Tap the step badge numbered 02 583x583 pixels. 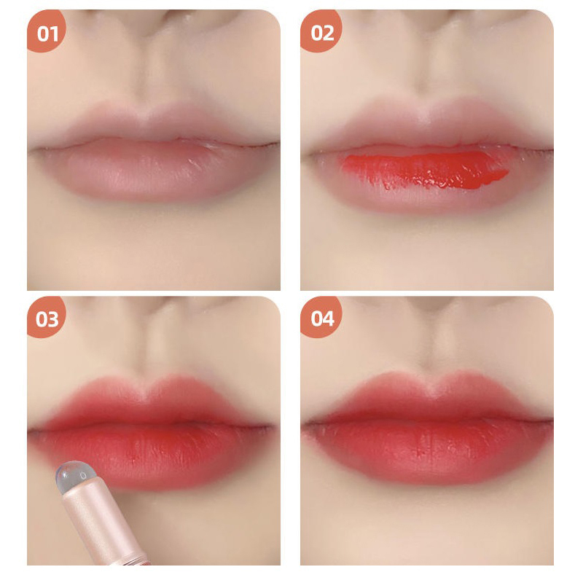point(320,31)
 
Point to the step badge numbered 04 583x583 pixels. point(320,317)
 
